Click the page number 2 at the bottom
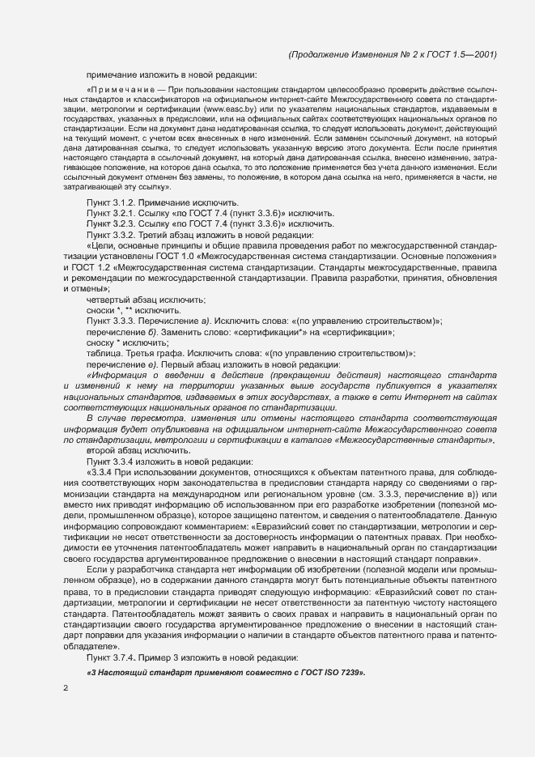(x=66, y=690)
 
